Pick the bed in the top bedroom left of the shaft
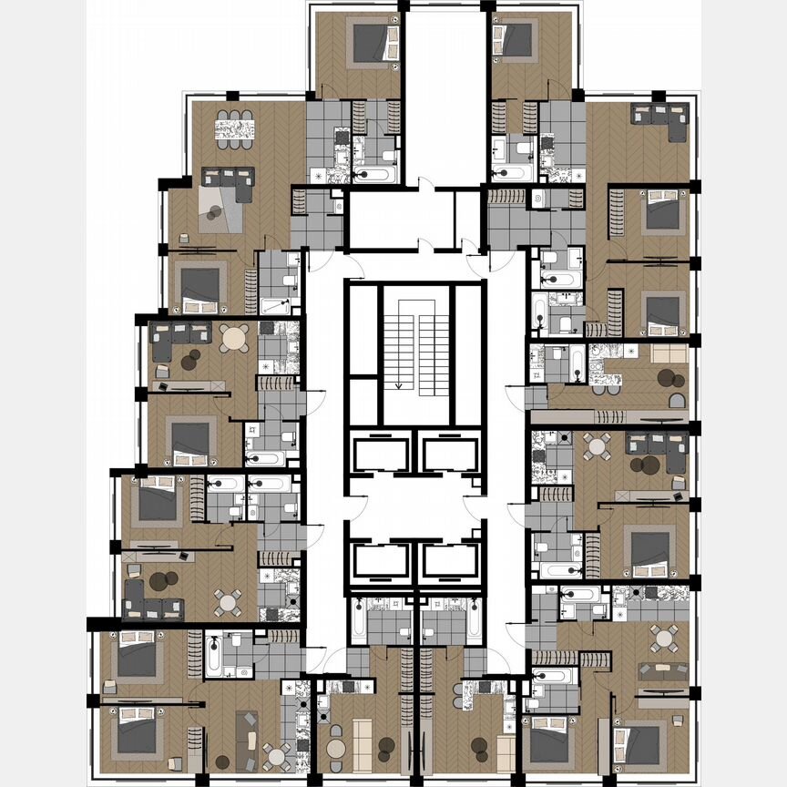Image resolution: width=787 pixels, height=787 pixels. [x=372, y=42]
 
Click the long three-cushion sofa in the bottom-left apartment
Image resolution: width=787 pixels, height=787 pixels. [x=248, y=739]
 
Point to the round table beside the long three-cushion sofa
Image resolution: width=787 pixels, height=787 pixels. [x=276, y=754]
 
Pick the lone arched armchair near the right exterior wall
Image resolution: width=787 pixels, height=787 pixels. [x=678, y=401]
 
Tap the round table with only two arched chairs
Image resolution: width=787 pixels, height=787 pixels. [x=337, y=750]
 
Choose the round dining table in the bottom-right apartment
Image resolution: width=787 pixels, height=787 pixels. [x=664, y=639]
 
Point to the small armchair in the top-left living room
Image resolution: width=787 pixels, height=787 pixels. [x=184, y=239]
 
